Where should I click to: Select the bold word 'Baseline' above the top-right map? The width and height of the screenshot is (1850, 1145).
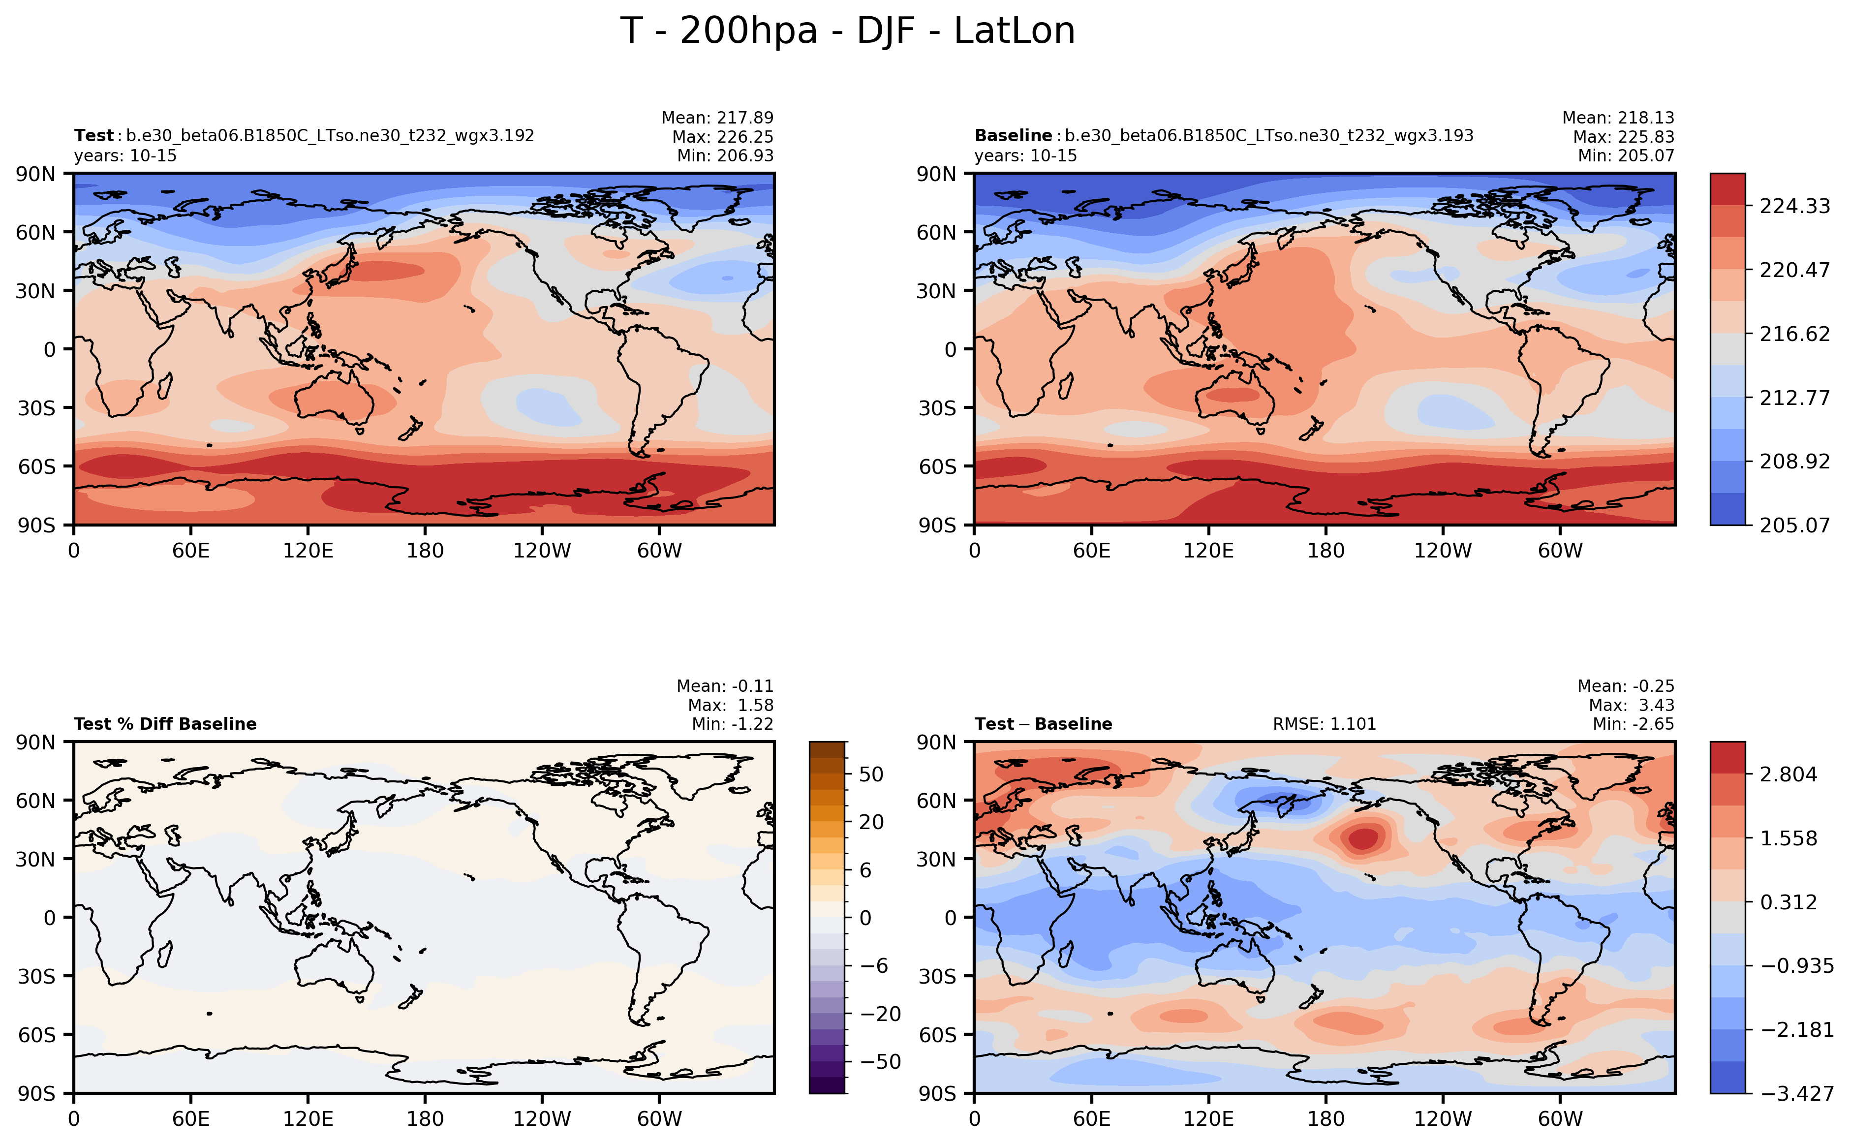(1013, 135)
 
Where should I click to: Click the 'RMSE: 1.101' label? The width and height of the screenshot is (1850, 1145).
(1324, 724)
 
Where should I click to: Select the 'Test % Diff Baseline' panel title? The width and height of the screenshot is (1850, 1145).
(165, 724)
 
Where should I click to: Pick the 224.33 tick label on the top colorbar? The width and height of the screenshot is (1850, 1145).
(1794, 206)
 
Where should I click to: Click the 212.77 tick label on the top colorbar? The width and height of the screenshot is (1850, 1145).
(1794, 398)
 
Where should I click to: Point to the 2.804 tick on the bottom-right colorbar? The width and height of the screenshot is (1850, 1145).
(1788, 774)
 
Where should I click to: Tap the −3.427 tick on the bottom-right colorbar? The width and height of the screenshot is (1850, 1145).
(1796, 1093)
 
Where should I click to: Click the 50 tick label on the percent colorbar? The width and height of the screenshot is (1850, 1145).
(871, 774)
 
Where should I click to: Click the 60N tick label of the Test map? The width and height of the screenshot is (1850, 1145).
(35, 232)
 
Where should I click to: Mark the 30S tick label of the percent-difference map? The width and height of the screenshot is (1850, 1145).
(35, 976)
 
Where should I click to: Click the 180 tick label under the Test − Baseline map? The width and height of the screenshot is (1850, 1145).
(1325, 1118)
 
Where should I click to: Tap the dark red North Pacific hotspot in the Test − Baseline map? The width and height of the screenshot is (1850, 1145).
(1363, 838)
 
